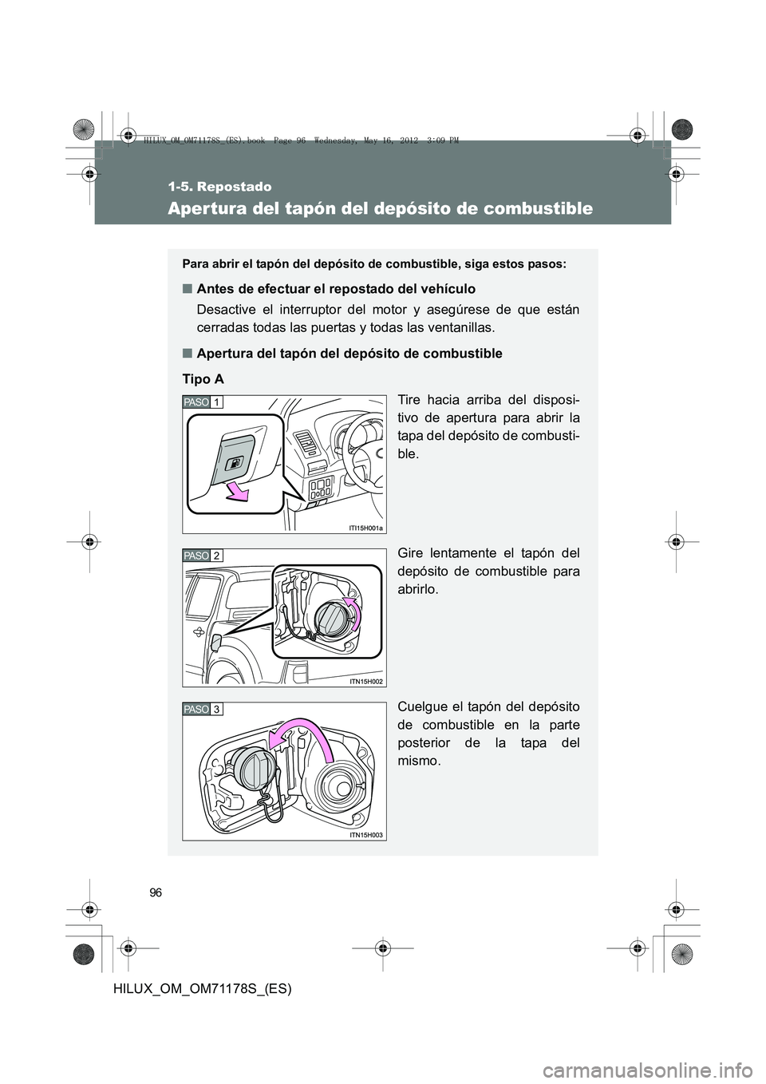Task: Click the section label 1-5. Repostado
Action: (220, 187)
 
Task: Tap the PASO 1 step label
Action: (203, 402)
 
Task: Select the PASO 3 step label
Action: (203, 709)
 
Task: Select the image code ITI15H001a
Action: (366, 528)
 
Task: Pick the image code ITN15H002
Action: (366, 681)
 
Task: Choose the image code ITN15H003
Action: (366, 834)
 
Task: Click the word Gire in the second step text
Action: (412, 553)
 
